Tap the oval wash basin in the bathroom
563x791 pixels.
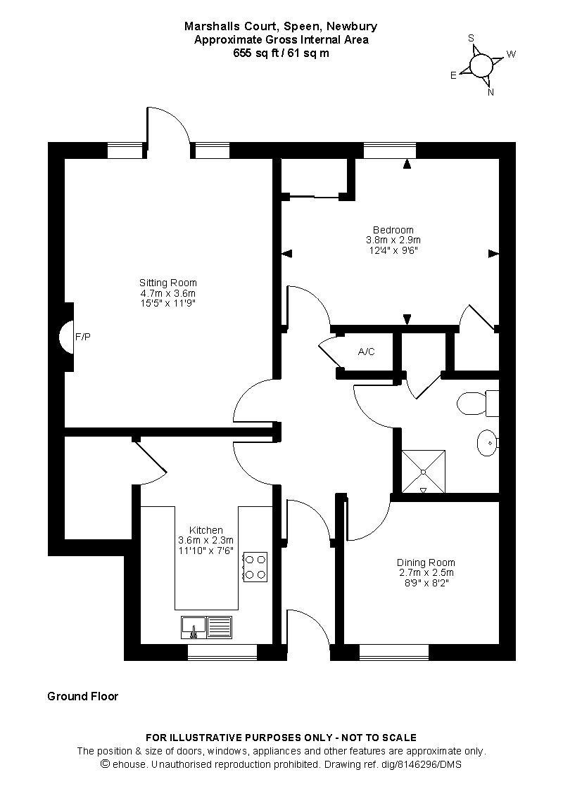pyautogui.click(x=487, y=443)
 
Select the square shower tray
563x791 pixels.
pyautogui.click(x=424, y=471)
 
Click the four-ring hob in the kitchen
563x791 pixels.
pyautogui.click(x=255, y=567)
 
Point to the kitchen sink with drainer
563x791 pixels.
pyautogui.click(x=206, y=628)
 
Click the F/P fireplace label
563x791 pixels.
pyautogui.click(x=83, y=337)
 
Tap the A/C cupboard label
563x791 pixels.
pyautogui.click(x=366, y=352)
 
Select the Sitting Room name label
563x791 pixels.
pyautogui.click(x=168, y=283)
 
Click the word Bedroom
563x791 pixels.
pyautogui.click(x=393, y=230)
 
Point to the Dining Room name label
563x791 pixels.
pyautogui.click(x=426, y=562)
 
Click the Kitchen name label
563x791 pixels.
pyautogui.click(x=206, y=530)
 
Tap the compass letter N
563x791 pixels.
pyautogui.click(x=491, y=92)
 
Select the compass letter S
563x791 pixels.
pyautogui.click(x=471, y=39)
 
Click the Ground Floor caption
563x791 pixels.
pyautogui.click(x=83, y=696)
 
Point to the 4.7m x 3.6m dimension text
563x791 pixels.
pyautogui.click(x=168, y=293)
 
